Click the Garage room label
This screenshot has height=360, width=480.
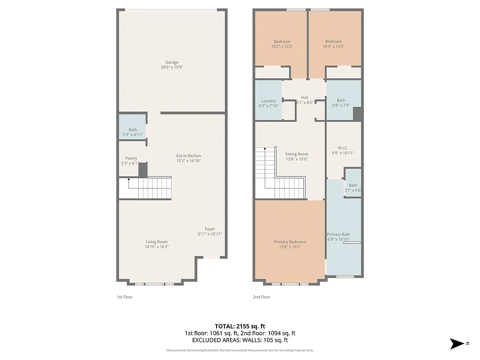pyautogui.click(x=172, y=62)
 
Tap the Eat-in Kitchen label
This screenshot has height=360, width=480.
pyautogui.click(x=188, y=156)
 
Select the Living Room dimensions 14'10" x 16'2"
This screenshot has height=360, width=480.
pyautogui.click(x=156, y=247)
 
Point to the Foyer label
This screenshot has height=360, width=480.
pyautogui.click(x=210, y=229)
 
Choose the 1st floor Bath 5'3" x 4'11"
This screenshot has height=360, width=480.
pyautogui.click(x=133, y=132)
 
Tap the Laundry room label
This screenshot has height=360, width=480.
pyautogui.click(x=268, y=101)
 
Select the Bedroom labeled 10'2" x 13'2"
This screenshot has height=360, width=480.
pyautogui.click(x=282, y=44)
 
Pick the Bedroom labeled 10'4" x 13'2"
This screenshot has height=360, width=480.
pyautogui.click(x=333, y=44)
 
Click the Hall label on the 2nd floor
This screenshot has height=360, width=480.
pyautogui.click(x=305, y=97)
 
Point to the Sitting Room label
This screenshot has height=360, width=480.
pyautogui.click(x=297, y=154)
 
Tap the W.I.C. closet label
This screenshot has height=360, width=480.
pyautogui.click(x=343, y=148)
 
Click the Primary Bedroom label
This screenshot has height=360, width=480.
pyautogui.click(x=290, y=242)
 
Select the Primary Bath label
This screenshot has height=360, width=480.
pyautogui.click(x=338, y=234)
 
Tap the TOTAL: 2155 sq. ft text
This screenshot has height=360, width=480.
pyautogui.click(x=240, y=326)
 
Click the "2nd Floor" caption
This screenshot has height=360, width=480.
pyautogui.click(x=261, y=297)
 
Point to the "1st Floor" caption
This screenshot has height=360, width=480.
pyautogui.click(x=125, y=297)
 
